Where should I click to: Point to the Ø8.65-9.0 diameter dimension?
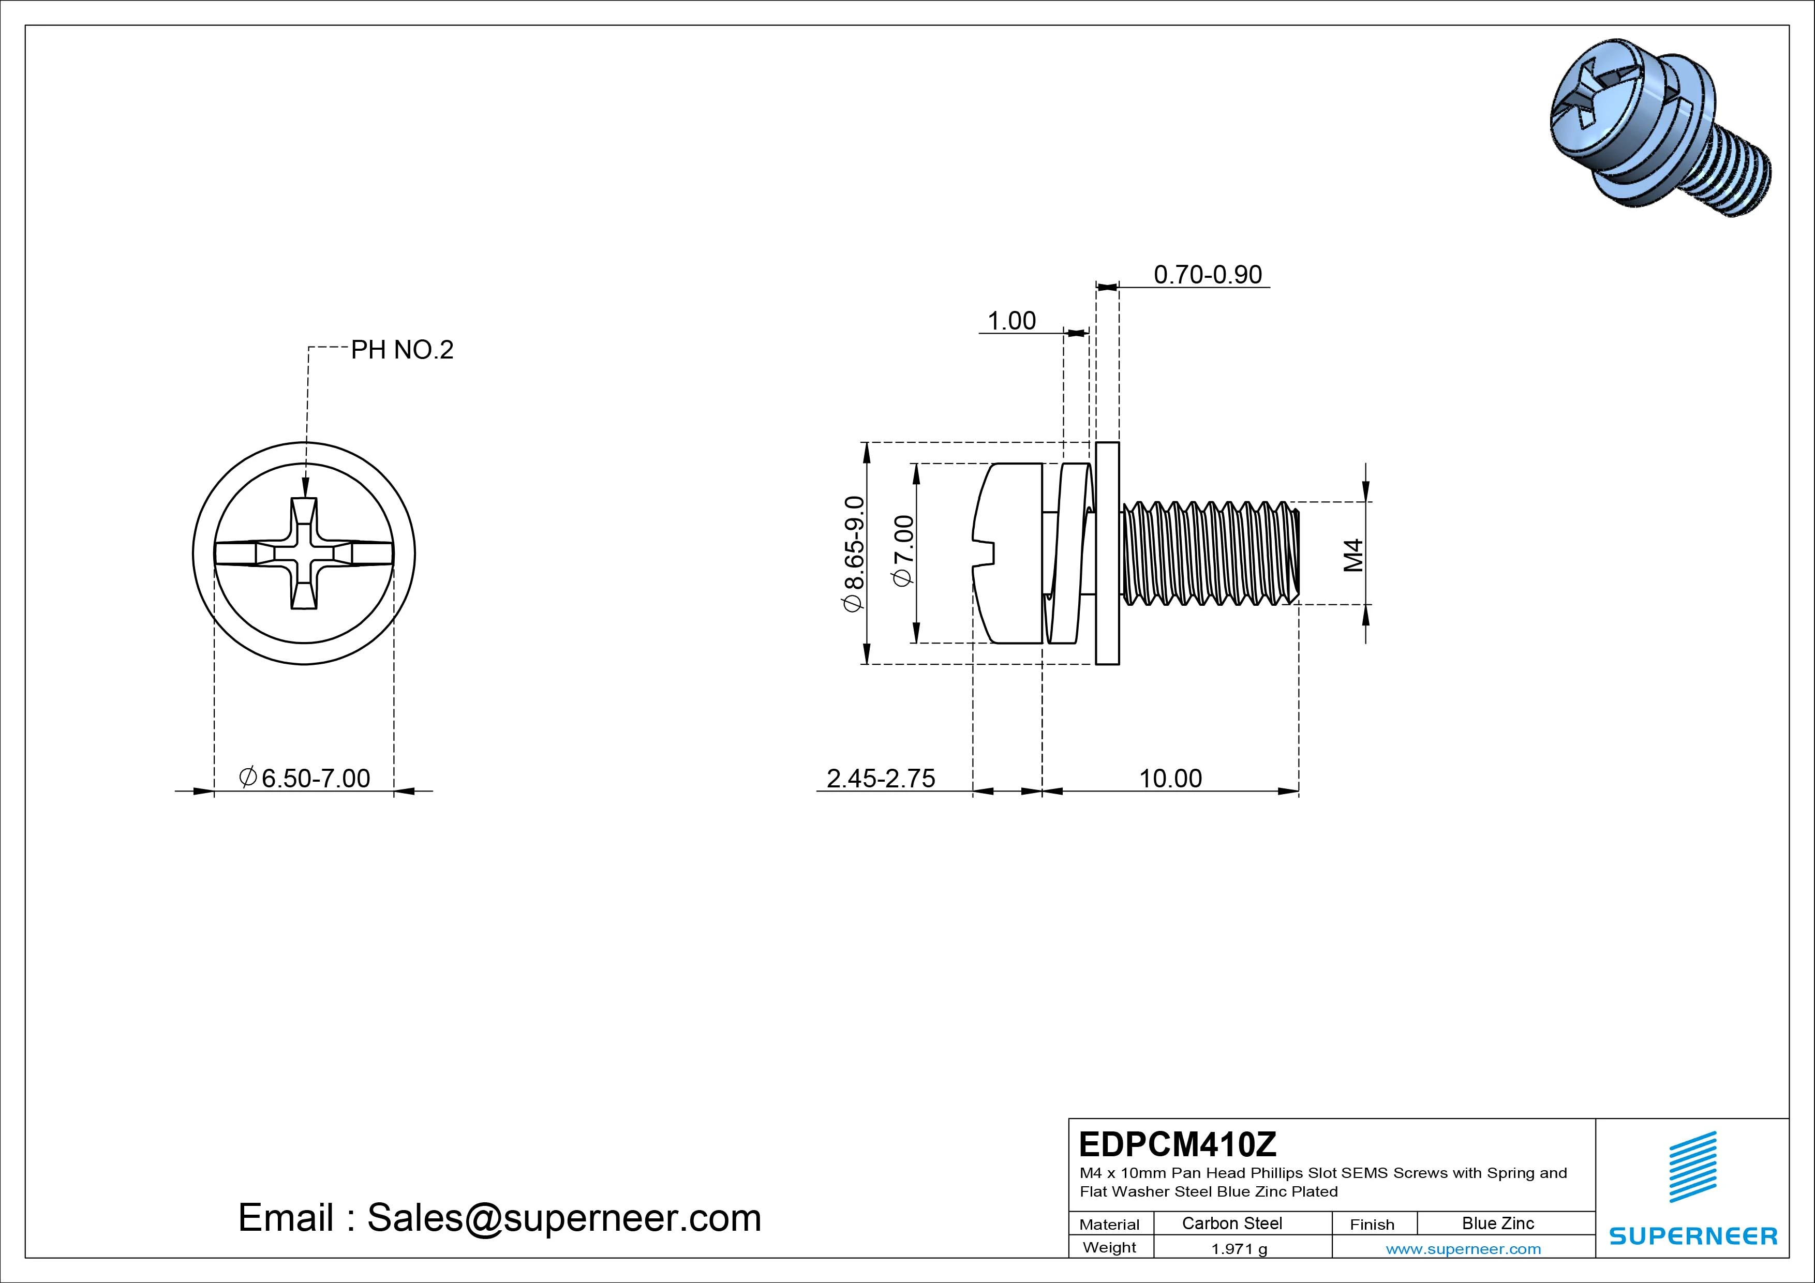click(855, 554)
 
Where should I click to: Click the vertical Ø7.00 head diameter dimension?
click(903, 551)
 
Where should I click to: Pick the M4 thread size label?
click(1354, 555)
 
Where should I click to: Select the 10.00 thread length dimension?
click(1170, 779)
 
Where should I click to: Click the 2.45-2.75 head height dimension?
click(881, 779)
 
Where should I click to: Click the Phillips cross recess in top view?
click(304, 554)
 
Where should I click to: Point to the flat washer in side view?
click(1108, 554)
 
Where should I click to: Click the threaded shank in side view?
click(1210, 554)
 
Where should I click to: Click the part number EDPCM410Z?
click(1177, 1144)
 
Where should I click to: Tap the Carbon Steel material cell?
click(1231, 1224)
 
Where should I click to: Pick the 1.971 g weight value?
click(1239, 1249)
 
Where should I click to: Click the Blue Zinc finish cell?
click(1497, 1224)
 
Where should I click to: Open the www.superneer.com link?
click(1463, 1249)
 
